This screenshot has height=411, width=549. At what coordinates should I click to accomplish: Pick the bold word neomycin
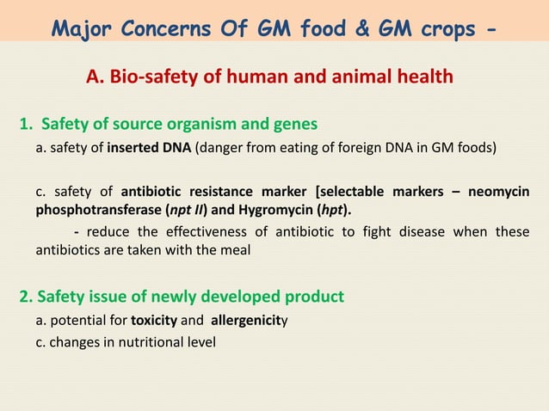click(498, 191)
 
